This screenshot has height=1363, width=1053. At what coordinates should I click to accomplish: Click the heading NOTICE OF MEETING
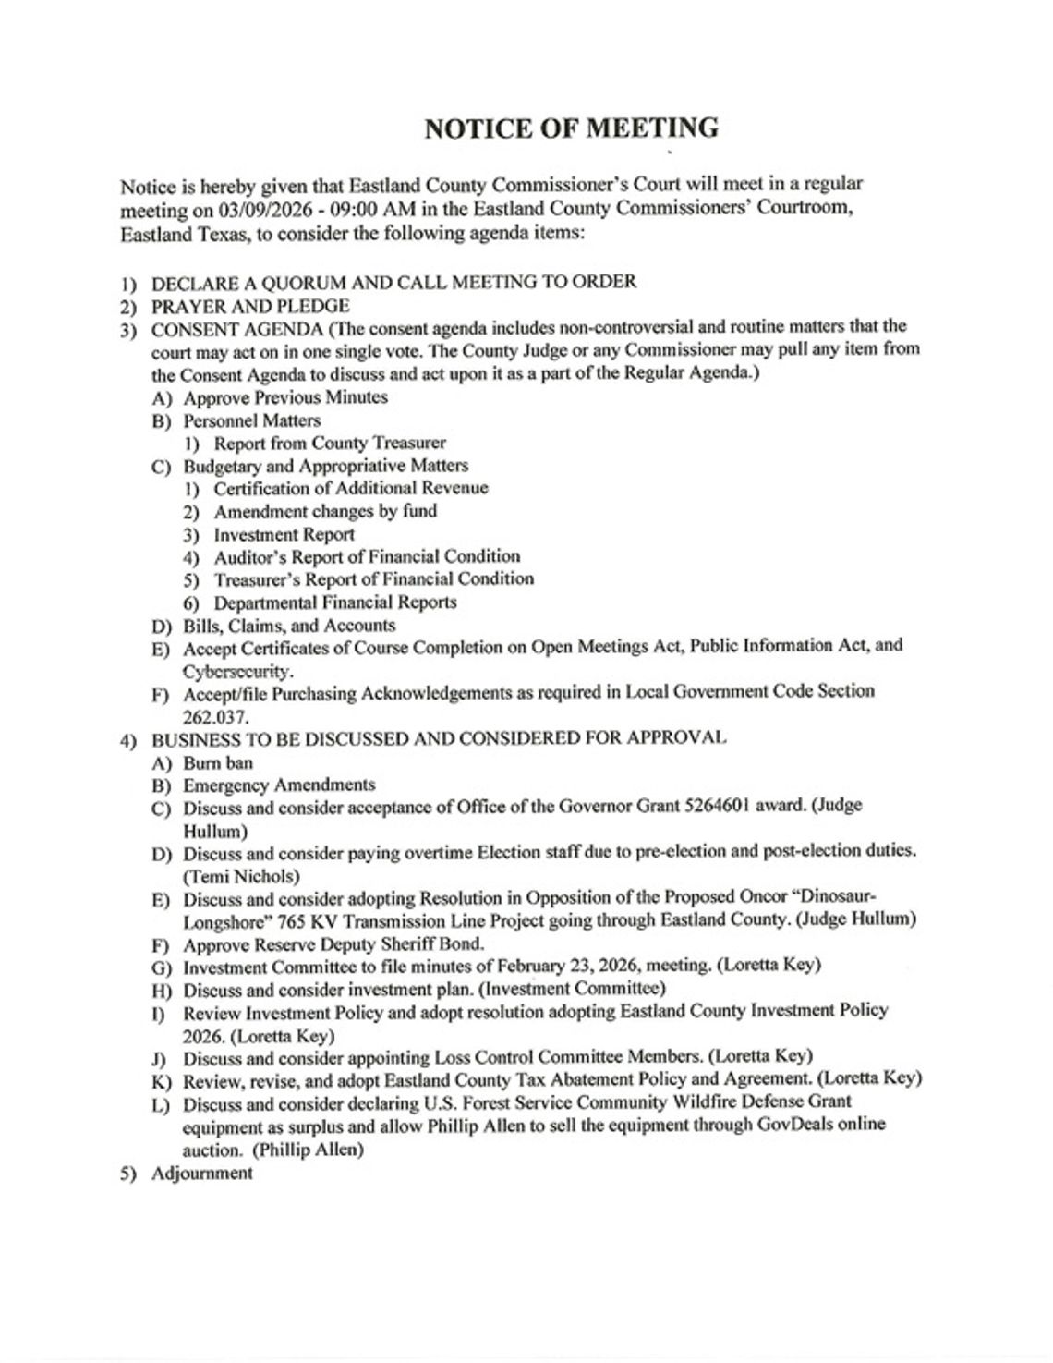point(571,128)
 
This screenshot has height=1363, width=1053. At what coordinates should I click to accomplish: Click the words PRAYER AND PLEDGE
point(250,306)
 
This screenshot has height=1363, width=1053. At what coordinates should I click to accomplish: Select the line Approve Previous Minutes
point(285,397)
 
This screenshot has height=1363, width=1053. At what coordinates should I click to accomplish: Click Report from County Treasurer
point(330,443)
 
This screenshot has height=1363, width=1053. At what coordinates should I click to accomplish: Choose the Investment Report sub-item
point(284,534)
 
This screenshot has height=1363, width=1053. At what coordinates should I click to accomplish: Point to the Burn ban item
point(218,762)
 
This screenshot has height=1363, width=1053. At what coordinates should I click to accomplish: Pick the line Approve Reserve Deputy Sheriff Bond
point(333,943)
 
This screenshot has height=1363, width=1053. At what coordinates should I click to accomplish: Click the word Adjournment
point(201,1174)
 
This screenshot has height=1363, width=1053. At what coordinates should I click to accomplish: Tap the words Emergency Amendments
point(279,785)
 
